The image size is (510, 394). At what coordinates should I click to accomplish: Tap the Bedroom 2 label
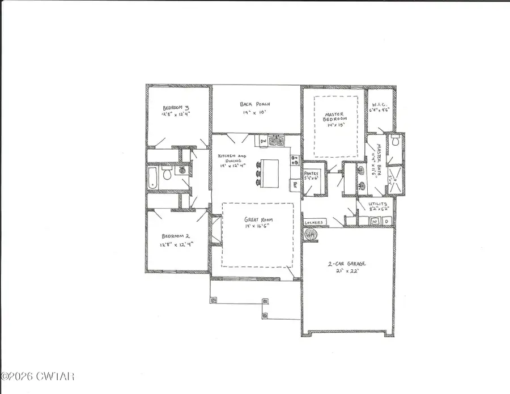171,236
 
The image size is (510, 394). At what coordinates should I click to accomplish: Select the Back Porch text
254,104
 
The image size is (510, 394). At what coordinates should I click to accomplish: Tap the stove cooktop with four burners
294,160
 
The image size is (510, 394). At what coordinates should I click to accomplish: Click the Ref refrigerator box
295,184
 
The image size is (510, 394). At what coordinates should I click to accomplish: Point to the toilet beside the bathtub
167,175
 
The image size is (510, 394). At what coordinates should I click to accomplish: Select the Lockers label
313,222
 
